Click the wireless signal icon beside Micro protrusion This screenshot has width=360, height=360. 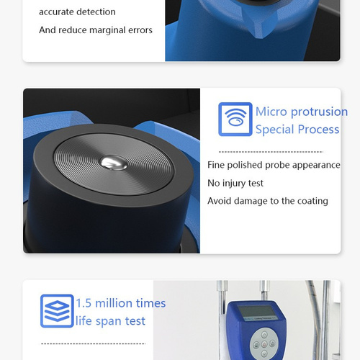(235, 120)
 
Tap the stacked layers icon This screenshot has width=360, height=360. (57, 311)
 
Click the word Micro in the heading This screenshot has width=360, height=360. (271, 112)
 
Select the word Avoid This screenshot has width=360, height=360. (220, 201)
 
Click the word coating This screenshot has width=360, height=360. (310, 201)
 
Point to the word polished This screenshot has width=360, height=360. (248, 165)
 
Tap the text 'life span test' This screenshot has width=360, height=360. (110, 321)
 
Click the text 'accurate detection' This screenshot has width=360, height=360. (77, 12)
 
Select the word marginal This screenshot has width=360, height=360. (114, 30)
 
